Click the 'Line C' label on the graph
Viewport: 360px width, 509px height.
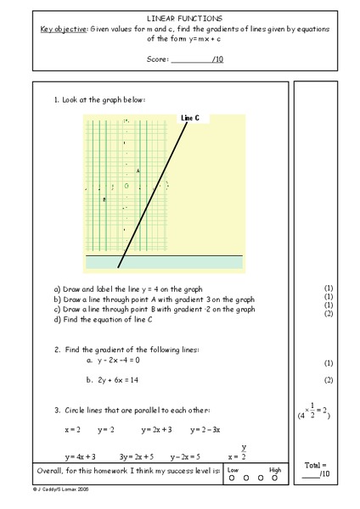click(x=190, y=118)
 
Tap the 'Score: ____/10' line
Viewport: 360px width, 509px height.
click(x=185, y=59)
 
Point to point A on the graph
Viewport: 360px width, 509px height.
click(x=138, y=171)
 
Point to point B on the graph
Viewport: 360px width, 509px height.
click(x=104, y=199)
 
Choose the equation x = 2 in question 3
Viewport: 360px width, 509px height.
click(x=72, y=430)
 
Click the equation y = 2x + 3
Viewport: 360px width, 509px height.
click(x=156, y=430)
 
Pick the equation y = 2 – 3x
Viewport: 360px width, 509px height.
click(x=205, y=430)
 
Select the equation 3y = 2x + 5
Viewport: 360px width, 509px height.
click(x=136, y=456)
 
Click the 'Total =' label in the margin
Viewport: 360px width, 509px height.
click(x=315, y=466)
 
